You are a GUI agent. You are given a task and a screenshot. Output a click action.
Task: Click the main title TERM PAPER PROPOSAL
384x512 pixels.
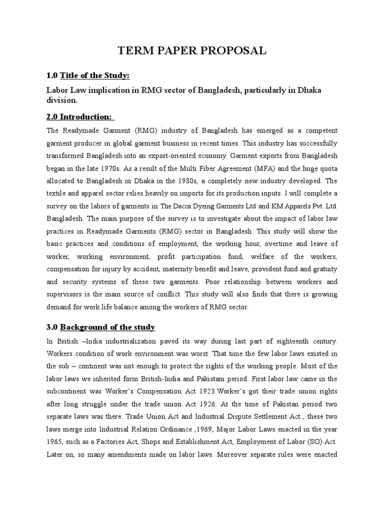pyautogui.click(x=192, y=50)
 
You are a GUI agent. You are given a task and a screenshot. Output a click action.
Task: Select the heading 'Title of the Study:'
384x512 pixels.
pyautogui.click(x=94, y=75)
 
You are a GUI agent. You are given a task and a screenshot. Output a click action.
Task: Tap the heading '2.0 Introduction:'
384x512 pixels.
pyautogui.click(x=80, y=116)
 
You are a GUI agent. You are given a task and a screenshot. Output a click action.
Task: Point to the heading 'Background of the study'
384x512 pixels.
pyautogui.click(x=107, y=327)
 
